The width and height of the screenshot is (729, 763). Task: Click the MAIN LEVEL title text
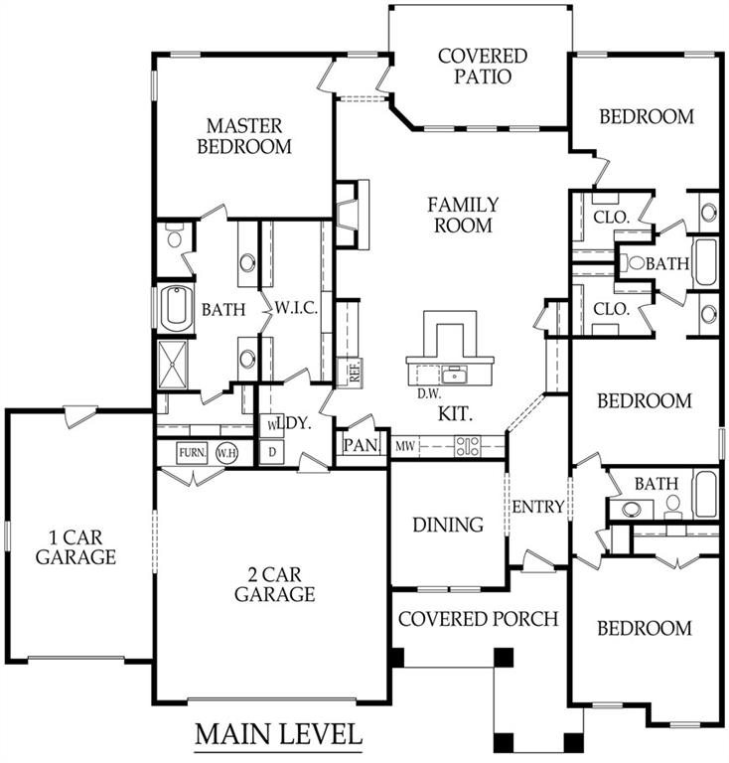pos(277,735)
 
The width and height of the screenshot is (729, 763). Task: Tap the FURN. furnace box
pos(192,452)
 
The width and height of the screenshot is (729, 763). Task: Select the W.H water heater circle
pos(226,452)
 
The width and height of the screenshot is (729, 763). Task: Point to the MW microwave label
pos(404,446)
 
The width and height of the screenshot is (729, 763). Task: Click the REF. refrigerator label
pos(354,372)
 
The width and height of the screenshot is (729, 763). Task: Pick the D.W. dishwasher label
pos(429,393)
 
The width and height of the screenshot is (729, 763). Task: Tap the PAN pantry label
pos(361,445)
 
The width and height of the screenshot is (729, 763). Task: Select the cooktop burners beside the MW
pos(467,446)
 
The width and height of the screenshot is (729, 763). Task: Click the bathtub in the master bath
pos(176,309)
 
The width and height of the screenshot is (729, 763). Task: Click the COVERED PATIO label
pos(482,67)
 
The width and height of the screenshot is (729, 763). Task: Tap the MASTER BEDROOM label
pos(244,136)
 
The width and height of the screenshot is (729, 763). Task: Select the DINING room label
pos(447,524)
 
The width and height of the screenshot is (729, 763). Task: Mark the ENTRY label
pos(538,507)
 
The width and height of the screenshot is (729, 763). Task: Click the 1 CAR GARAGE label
pos(75,547)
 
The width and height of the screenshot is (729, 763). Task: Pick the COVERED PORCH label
pos(479,618)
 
